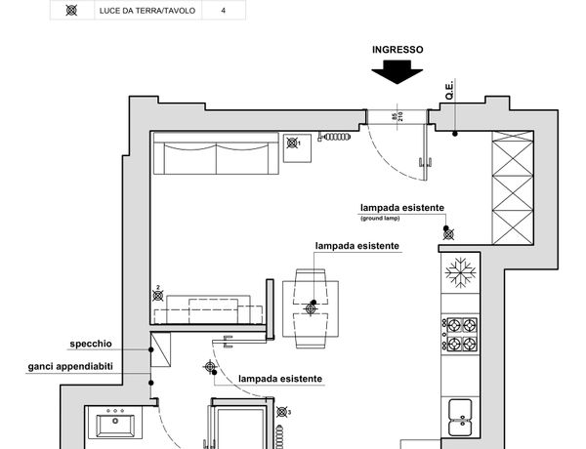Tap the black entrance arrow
pos(398,72)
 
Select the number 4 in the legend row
pos(224,11)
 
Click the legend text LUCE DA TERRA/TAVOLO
pos(146,11)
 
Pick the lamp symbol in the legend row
pos(71,11)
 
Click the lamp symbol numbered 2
pos(156,298)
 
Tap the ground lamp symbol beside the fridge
pos(448,232)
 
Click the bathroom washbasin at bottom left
pos(118,426)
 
